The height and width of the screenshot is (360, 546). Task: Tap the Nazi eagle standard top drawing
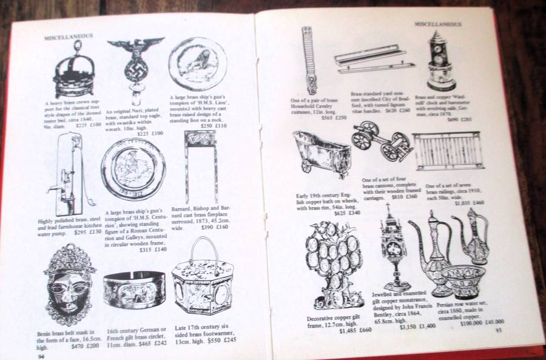click(x=135, y=67)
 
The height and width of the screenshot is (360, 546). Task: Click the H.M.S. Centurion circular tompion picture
click(x=133, y=169)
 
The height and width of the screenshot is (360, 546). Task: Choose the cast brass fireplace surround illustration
click(x=200, y=164)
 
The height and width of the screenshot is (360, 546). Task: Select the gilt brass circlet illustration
click(x=133, y=289)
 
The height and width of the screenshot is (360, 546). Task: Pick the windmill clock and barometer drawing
click(x=441, y=61)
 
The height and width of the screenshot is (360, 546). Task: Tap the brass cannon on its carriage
click(x=382, y=143)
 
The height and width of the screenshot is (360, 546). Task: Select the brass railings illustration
click(x=448, y=151)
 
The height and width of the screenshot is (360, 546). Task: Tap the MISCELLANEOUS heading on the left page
click(x=69, y=37)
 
